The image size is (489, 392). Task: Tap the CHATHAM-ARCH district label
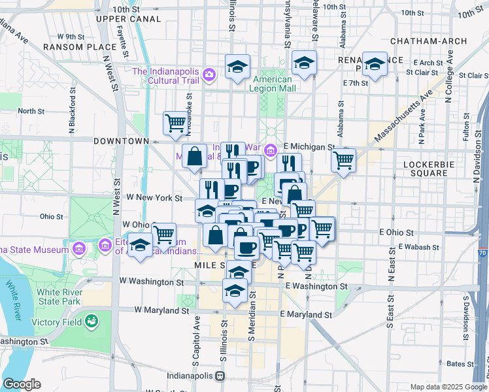(428, 41)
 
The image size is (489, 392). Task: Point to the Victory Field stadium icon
(92, 321)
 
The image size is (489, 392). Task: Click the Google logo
(22, 384)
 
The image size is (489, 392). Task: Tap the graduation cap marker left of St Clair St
(374, 65)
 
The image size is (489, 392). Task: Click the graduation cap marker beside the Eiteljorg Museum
(139, 246)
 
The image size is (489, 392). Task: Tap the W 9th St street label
(71, 37)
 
